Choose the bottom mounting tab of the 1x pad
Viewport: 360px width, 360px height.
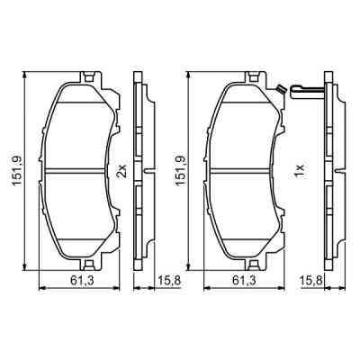(258, 260)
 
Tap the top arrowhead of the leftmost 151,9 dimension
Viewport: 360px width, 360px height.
(25, 75)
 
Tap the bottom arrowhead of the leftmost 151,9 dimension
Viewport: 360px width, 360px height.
(25, 265)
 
